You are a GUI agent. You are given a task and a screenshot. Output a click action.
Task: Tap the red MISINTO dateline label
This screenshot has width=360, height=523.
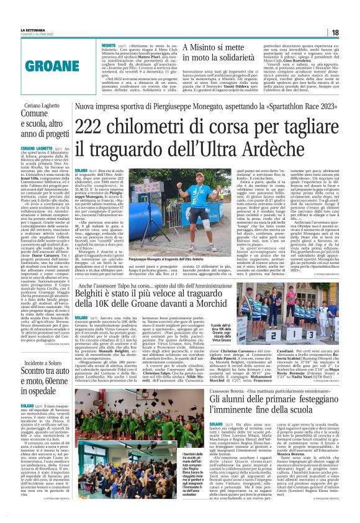click(x=109, y=45)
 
